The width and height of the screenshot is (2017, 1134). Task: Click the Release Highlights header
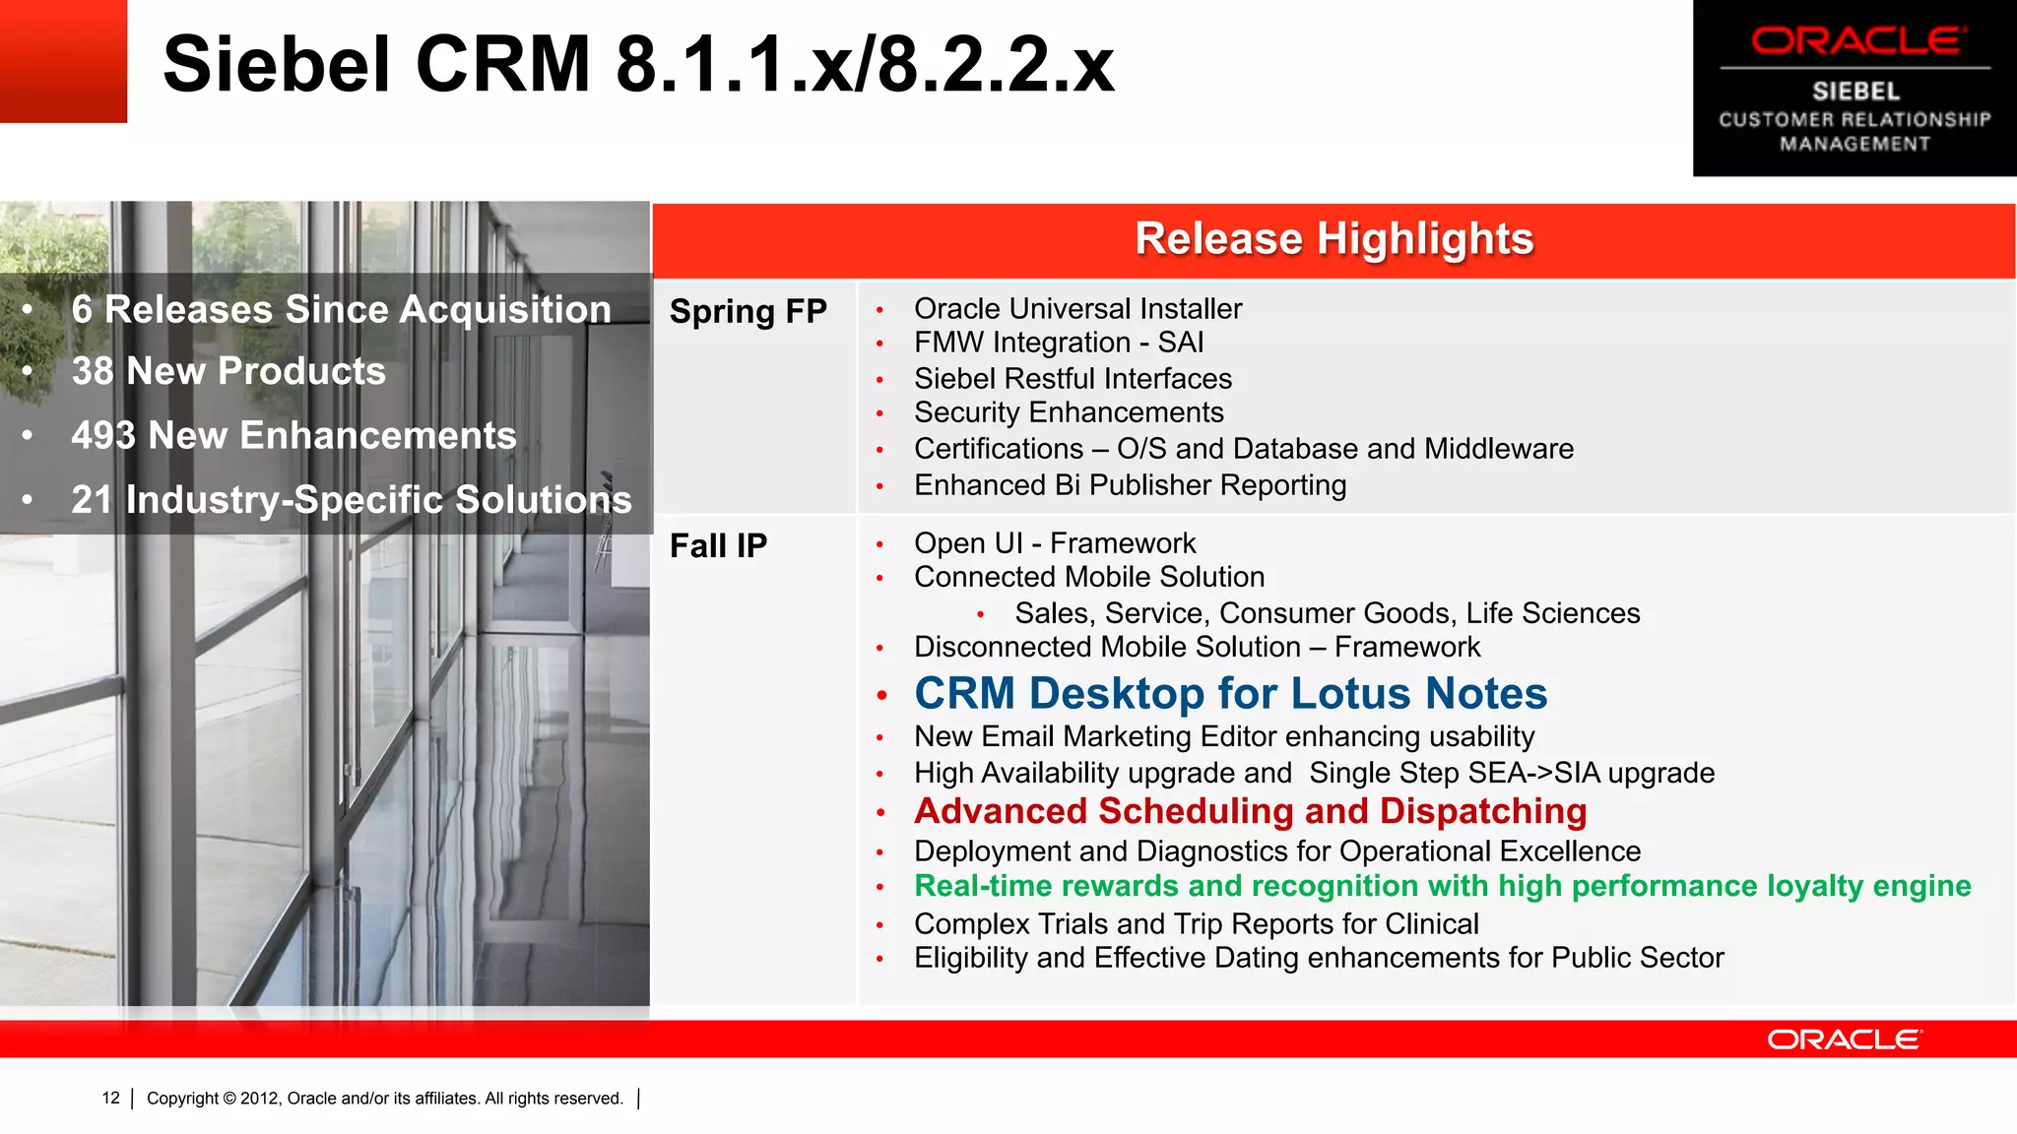(x=1334, y=239)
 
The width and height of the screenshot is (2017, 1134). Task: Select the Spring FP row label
(x=748, y=311)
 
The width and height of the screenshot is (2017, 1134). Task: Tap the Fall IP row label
(x=718, y=545)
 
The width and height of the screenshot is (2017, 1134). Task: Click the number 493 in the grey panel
(x=102, y=436)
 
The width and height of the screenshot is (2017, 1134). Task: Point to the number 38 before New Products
(x=92, y=371)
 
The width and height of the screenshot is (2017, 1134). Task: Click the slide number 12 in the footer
(x=110, y=1098)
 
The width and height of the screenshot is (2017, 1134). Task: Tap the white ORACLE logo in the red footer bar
(x=1844, y=1039)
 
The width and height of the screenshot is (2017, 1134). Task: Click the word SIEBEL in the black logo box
(x=1855, y=92)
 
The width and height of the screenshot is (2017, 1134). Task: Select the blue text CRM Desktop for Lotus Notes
(x=1230, y=693)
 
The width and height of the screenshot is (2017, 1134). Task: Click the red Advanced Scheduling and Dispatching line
(x=1250, y=811)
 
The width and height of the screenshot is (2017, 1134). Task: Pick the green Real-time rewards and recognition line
(x=1442, y=886)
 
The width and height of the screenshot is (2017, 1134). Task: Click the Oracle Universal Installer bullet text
(x=1077, y=309)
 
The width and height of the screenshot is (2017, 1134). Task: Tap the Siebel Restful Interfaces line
(x=1073, y=379)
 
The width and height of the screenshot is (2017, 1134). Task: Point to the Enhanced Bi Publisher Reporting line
(x=1130, y=485)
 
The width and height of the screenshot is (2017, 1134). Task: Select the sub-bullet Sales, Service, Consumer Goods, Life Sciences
(x=1327, y=613)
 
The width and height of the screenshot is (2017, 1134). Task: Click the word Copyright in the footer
(x=182, y=1098)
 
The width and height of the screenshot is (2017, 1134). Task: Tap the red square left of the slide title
(x=63, y=61)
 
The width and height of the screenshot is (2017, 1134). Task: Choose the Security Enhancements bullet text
(x=1069, y=412)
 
